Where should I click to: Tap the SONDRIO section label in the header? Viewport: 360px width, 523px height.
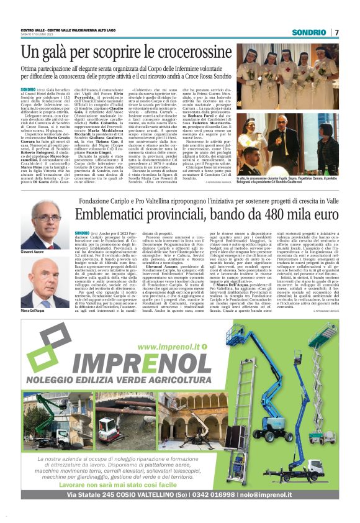(309, 32)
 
